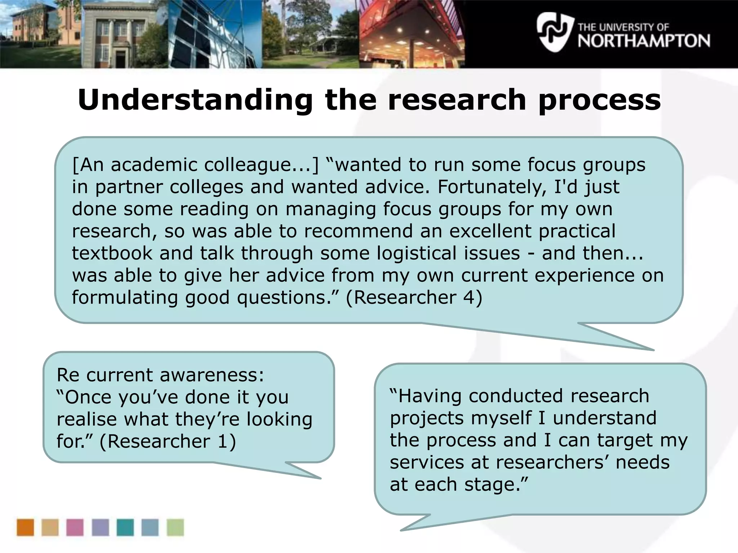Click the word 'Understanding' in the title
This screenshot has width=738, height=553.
click(195, 100)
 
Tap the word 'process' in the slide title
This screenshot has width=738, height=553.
click(599, 100)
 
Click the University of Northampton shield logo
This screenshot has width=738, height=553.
click(554, 32)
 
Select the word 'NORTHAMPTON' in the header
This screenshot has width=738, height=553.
click(644, 41)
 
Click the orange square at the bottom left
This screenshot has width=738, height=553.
click(25, 527)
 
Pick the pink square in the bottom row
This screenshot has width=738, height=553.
click(75, 527)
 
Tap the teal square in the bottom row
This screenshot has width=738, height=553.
click(125, 527)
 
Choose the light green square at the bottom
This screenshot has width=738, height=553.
click(175, 527)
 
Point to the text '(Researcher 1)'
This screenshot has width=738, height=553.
click(168, 441)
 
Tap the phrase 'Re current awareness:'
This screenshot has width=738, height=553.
click(160, 375)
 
